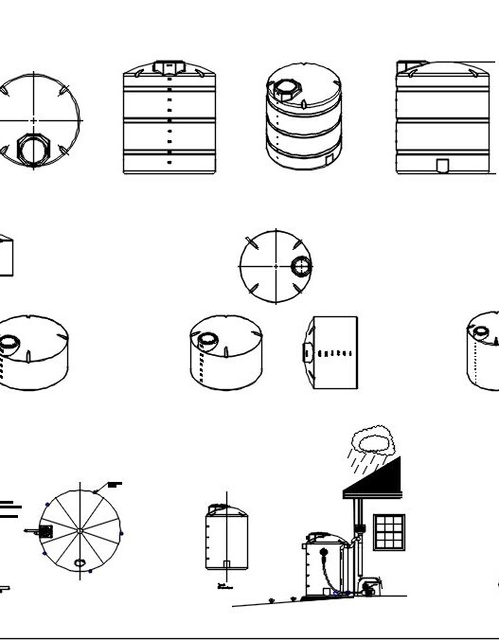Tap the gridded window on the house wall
389,531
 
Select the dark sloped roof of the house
379,478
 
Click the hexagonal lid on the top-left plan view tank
34,148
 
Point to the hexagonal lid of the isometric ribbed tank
285,91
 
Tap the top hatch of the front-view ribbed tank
169,67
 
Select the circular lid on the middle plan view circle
300,266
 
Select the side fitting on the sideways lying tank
309,352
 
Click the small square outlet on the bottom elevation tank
226,565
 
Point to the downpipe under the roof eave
357,530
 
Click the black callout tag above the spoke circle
115,484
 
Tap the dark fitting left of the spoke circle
45,532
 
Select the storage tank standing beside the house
319,565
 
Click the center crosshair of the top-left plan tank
35,120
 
